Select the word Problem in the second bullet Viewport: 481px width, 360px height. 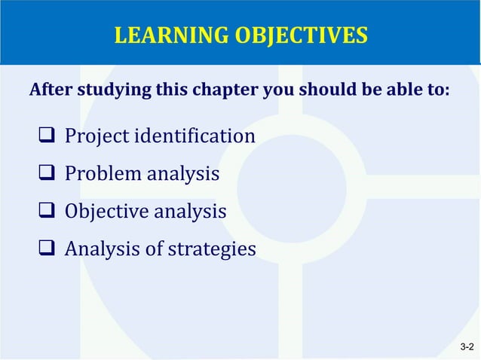point(102,175)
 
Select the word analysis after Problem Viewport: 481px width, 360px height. point(183,175)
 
